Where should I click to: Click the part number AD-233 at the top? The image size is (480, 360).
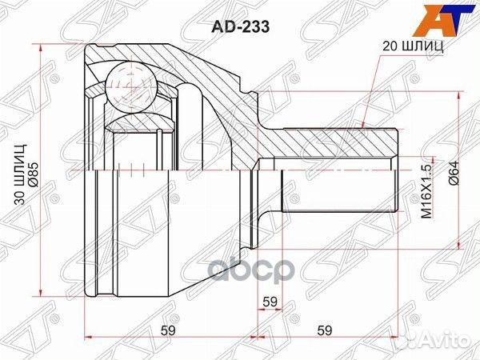click(241, 27)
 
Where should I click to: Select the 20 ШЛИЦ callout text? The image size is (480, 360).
click(413, 46)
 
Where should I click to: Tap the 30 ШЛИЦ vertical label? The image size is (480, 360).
click(21, 174)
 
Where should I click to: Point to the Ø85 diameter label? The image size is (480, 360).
click(34, 174)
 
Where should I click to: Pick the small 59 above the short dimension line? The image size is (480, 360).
click(270, 182)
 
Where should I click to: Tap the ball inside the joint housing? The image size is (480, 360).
click(131, 89)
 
